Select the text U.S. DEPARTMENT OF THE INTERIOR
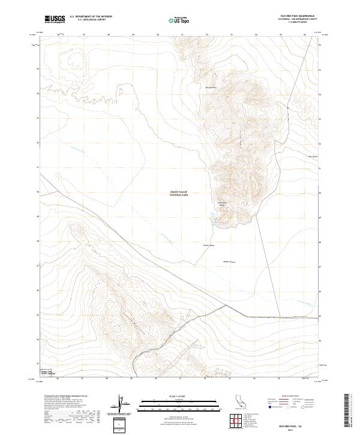tap(91, 17)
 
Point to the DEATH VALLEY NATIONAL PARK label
tap(179, 194)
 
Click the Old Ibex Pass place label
tap(211, 88)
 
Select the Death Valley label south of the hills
tap(208, 245)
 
